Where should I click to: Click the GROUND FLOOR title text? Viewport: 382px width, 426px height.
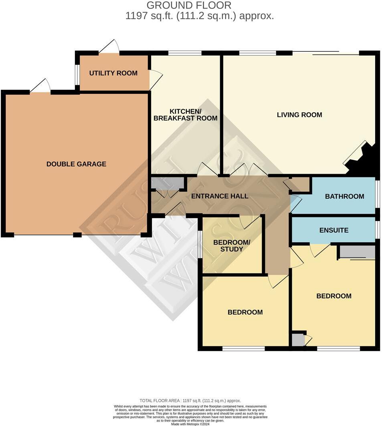tap(189, 6)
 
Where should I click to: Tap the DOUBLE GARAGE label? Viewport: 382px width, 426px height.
tap(76, 164)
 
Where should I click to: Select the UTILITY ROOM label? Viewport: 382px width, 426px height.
tap(113, 73)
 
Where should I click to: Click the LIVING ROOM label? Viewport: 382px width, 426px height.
tap(299, 115)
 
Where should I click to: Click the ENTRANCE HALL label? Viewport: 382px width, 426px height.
tap(219, 196)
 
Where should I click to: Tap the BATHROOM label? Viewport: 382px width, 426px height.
tap(344, 196)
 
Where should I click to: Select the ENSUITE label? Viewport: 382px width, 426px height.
tap(333, 230)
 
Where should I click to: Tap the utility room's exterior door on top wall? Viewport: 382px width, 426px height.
tap(109, 47)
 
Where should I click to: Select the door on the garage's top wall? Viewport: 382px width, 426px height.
tap(40, 86)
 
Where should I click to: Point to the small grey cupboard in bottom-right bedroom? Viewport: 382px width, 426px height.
tap(298, 340)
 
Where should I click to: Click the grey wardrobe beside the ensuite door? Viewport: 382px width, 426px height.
tap(357, 252)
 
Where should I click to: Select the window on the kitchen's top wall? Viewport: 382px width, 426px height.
tap(184, 53)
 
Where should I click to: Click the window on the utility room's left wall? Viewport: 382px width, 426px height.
tap(77, 74)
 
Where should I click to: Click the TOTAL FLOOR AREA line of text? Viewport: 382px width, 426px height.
tap(190, 400)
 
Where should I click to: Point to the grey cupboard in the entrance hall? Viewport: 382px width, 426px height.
tap(167, 183)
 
